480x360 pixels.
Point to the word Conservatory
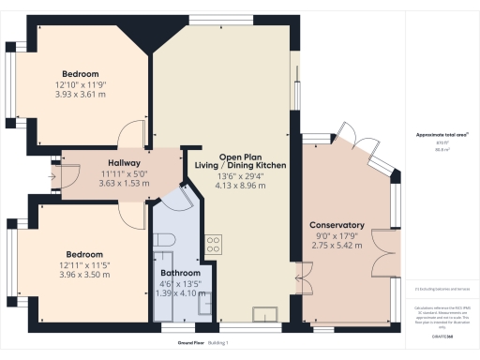tap(337, 226)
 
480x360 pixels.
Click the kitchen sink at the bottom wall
tap(265, 314)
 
